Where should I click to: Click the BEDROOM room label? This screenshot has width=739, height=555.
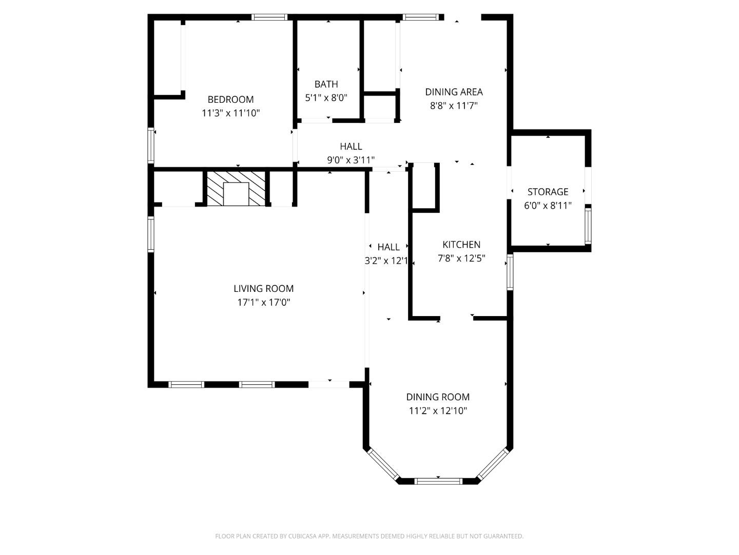click(230, 99)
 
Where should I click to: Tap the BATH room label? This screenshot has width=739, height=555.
click(326, 84)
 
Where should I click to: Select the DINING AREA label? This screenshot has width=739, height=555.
click(454, 92)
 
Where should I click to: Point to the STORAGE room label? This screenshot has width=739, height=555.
click(548, 192)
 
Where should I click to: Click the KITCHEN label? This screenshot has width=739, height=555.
click(461, 245)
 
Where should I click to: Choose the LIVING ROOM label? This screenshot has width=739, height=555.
click(263, 289)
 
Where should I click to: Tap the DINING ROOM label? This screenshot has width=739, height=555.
click(438, 397)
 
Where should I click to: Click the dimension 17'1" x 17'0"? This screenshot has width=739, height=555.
click(263, 303)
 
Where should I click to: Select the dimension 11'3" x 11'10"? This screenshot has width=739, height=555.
click(230, 113)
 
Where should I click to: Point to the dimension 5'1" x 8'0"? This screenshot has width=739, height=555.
click(326, 98)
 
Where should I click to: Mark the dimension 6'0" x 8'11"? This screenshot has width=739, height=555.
click(548, 206)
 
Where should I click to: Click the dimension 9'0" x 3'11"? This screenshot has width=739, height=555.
click(351, 160)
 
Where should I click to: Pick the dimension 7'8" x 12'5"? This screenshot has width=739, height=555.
click(461, 258)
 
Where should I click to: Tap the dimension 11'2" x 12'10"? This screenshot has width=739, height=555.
click(438, 411)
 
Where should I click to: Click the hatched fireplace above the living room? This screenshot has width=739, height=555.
click(236, 189)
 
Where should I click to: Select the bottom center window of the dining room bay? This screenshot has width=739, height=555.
click(438, 481)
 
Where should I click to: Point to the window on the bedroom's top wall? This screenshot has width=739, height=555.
click(269, 17)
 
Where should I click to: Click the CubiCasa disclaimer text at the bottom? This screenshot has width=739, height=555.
click(369, 536)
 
